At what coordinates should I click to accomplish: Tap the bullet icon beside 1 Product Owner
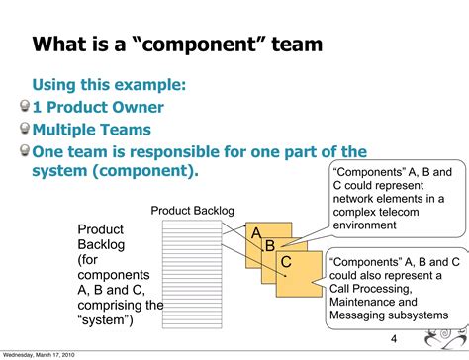[24, 107]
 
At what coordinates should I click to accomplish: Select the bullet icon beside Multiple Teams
[24, 129]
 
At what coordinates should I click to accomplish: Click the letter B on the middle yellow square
[268, 246]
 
